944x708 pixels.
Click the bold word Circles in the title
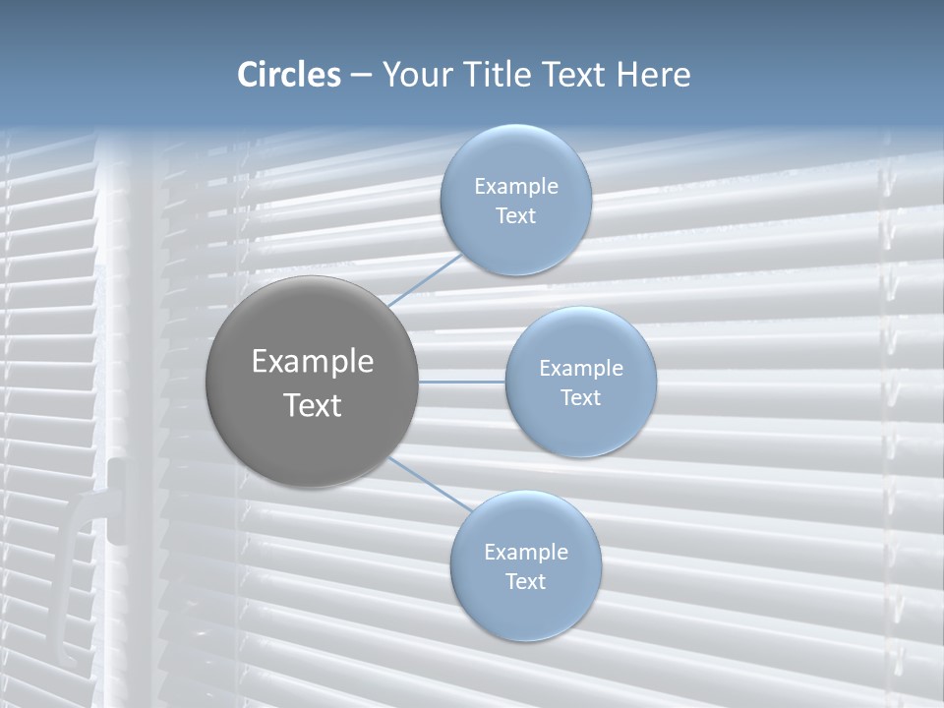pos(288,75)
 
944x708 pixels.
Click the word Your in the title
pos(417,75)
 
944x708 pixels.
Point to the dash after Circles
pos(360,76)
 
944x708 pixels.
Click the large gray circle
pos(312,382)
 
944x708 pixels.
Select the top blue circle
pos(515,201)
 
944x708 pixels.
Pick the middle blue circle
pos(580,382)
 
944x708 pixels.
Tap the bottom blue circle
pos(525,565)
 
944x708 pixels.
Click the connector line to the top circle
pos(425,279)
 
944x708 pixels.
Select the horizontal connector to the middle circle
pos(462,381)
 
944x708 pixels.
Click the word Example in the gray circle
pos(313,362)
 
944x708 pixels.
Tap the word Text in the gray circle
pos(313,405)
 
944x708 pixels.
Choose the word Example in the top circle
pos(516,187)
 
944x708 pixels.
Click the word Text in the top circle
pos(515,216)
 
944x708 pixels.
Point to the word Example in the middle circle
pos(581,369)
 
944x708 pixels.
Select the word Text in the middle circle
pos(580,398)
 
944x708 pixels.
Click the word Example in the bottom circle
pos(526,553)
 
